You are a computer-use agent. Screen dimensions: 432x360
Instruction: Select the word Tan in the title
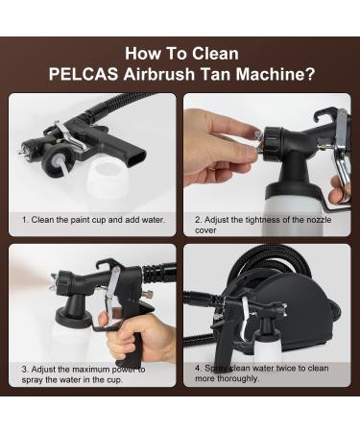pyautogui.click(x=223, y=73)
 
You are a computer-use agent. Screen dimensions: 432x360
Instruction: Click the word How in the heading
pyautogui.click(x=141, y=54)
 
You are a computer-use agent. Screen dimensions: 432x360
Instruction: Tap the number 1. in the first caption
pyautogui.click(x=26, y=220)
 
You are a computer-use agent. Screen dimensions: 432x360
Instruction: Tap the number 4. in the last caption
pyautogui.click(x=198, y=368)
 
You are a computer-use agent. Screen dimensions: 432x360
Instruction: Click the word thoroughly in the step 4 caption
pyautogui.click(x=236, y=378)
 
